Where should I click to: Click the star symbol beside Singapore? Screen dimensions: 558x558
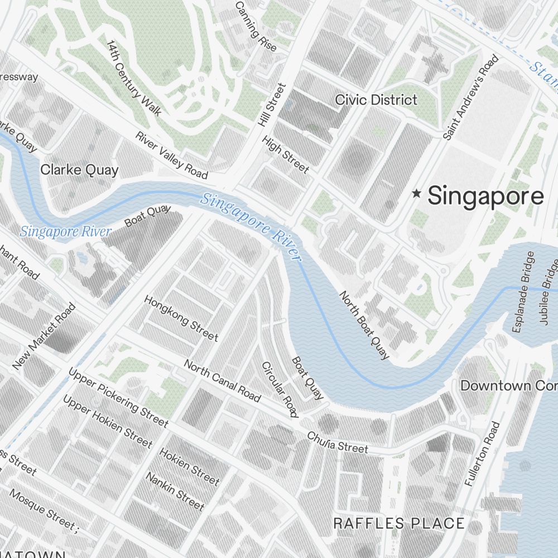416,194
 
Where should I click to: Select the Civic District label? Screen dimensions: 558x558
376,100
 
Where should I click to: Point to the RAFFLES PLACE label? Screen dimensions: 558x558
398,523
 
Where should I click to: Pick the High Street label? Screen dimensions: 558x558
285,155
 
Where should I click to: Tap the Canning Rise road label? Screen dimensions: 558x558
256,26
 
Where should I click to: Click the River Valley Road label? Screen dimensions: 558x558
172,155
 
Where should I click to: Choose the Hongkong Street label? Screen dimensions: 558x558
181,318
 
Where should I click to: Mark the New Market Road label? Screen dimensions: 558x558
44,336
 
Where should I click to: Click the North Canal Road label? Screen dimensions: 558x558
222,381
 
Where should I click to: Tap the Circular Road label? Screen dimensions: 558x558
280,389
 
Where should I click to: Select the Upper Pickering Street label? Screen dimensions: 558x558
118,397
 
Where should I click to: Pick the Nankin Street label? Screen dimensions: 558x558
175,491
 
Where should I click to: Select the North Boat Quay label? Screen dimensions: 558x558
364,325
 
